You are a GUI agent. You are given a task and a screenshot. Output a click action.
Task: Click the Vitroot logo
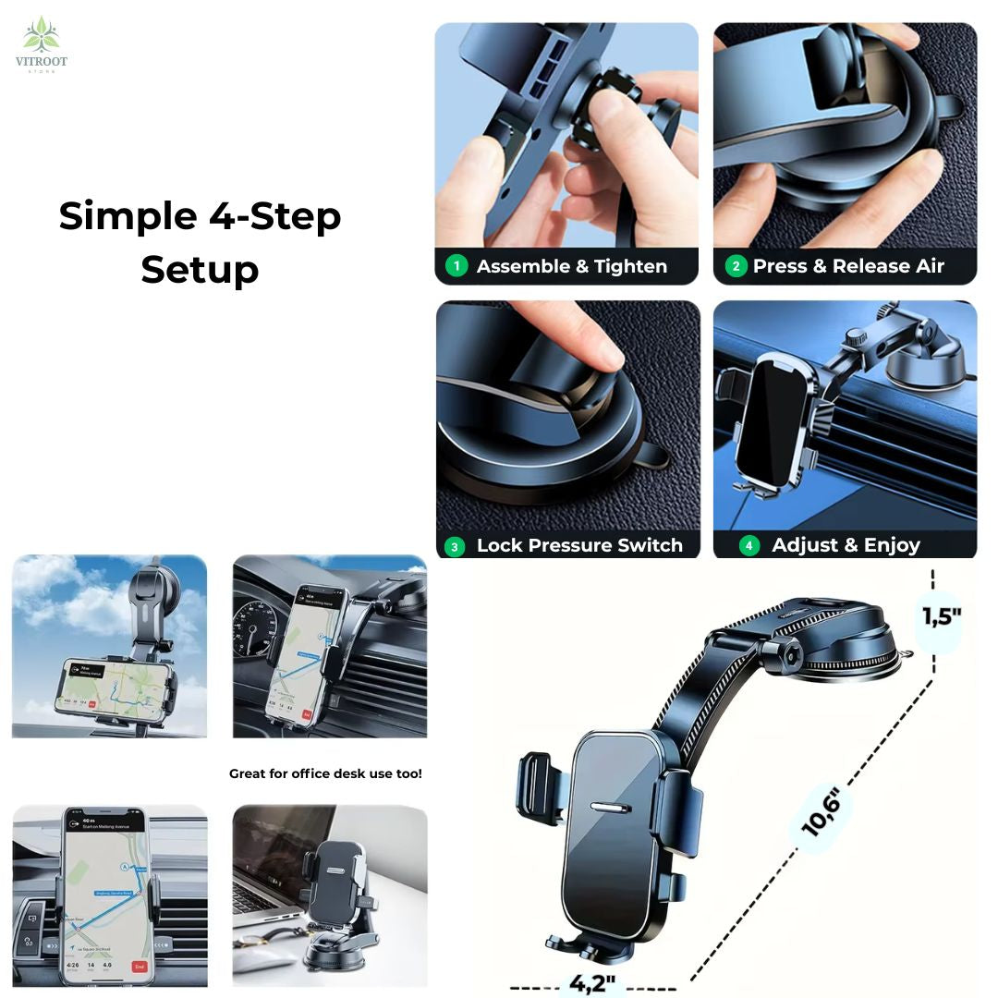tap(42, 43)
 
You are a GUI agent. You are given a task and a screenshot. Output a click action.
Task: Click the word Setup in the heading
tap(200, 270)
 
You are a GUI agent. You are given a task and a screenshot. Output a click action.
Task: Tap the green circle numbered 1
tap(456, 266)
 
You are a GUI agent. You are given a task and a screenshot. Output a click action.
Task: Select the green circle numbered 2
tap(736, 266)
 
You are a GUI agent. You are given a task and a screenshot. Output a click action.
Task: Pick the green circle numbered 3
tap(454, 546)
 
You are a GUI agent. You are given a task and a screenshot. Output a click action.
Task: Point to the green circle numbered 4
tap(748, 545)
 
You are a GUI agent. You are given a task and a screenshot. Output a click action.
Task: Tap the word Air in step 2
tap(928, 266)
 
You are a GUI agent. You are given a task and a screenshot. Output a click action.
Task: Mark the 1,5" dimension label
tap(941, 617)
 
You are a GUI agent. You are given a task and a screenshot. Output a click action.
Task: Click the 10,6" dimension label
tap(821, 813)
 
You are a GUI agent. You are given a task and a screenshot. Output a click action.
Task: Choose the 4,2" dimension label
tap(593, 982)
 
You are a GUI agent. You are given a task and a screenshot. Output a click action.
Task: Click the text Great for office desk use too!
tap(325, 773)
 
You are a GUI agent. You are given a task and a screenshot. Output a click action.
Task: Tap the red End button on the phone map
tap(139, 967)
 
